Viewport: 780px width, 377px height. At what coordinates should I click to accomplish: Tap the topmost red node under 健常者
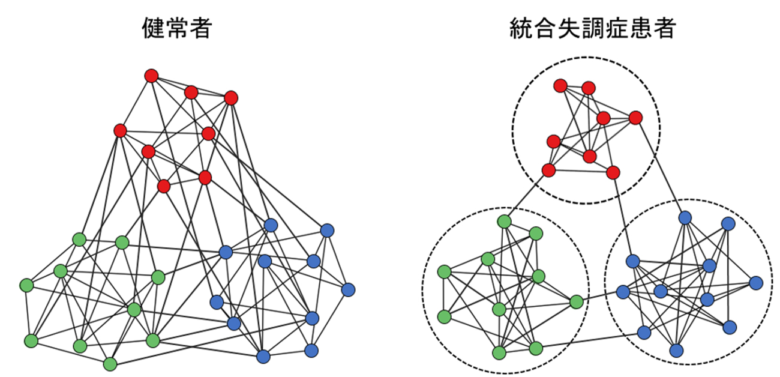point(151,76)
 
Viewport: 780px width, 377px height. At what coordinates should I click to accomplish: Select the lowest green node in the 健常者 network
point(110,364)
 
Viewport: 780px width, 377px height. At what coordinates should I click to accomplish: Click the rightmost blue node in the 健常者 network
point(348,289)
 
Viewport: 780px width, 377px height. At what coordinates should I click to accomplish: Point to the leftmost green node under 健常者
point(26,284)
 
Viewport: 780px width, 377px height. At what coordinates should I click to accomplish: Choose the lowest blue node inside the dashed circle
point(677,350)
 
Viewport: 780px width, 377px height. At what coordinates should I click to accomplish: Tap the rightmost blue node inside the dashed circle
point(756,282)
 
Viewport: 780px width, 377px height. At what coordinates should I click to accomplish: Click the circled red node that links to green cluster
point(548,171)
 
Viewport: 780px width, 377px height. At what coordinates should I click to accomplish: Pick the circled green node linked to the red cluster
point(504,222)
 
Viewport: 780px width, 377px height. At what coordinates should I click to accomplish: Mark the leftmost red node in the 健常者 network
point(120,130)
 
